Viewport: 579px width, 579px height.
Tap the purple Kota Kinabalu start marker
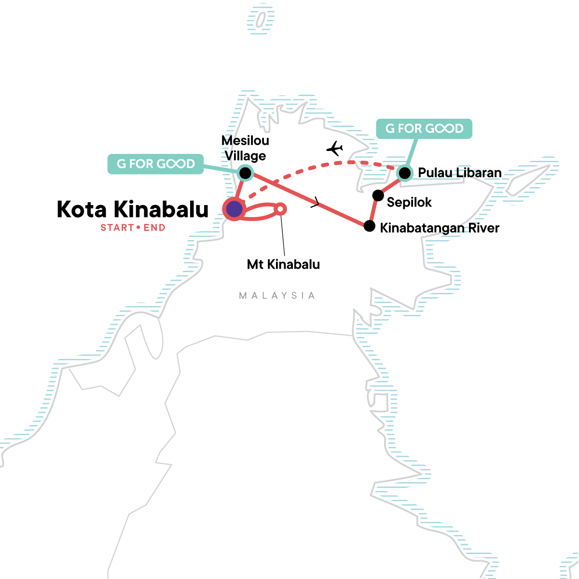pyautogui.click(x=234, y=209)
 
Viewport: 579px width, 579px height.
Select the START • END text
pyautogui.click(x=133, y=227)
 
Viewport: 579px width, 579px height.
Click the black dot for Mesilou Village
pyautogui.click(x=246, y=173)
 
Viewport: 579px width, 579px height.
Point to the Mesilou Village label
pyautogui.click(x=245, y=148)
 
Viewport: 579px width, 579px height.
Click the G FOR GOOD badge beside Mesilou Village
pyautogui.click(x=156, y=164)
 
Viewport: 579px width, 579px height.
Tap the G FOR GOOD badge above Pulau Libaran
pyautogui.click(x=424, y=129)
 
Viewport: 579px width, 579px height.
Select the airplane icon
pyautogui.click(x=335, y=149)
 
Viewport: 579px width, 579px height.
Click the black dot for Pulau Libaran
pyautogui.click(x=405, y=173)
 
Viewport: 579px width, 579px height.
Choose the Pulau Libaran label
pyautogui.click(x=460, y=173)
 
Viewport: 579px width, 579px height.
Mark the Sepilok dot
pyautogui.click(x=378, y=195)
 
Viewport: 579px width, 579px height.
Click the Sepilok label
pyautogui.click(x=409, y=203)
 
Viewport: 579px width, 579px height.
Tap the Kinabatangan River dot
pyautogui.click(x=370, y=226)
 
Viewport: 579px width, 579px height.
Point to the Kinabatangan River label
pyautogui.click(x=440, y=228)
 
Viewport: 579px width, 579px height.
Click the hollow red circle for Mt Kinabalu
pyautogui.click(x=280, y=209)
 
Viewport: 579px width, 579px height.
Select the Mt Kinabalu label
pyautogui.click(x=283, y=264)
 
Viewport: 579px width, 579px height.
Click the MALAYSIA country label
pyautogui.click(x=277, y=296)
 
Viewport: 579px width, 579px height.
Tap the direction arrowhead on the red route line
pyautogui.click(x=315, y=202)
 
